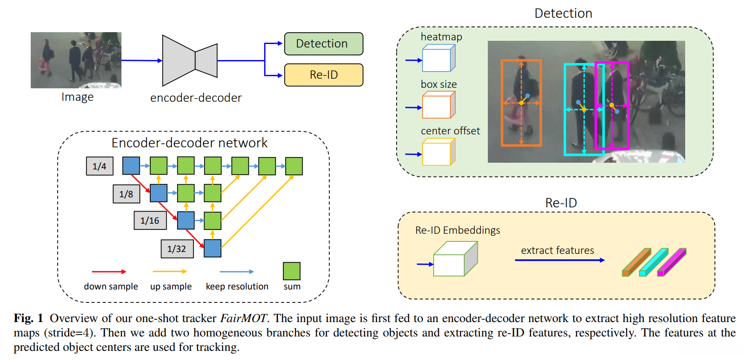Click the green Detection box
[324, 44]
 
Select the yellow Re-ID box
[324, 75]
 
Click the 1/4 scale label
[98, 166]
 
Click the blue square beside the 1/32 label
[213, 248]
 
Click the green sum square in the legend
[292, 271]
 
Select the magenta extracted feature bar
[672, 262]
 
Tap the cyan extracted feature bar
[653, 263]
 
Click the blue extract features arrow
[560, 260]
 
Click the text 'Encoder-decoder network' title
[190, 143]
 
